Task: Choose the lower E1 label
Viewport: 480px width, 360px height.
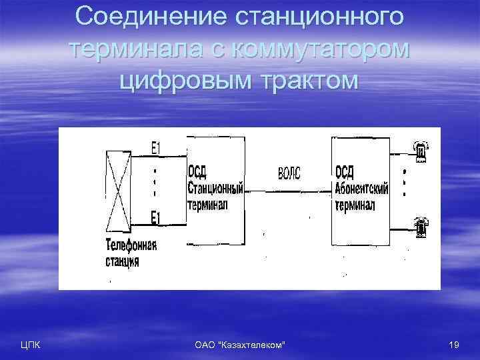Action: (155, 217)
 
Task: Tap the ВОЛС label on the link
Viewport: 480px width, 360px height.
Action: (288, 173)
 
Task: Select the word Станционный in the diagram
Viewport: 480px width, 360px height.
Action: (215, 185)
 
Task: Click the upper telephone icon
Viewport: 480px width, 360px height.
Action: (421, 152)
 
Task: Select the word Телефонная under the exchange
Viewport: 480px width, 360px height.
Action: (131, 245)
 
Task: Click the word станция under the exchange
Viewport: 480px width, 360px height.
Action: (123, 261)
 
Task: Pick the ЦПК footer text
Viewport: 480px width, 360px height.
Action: (31, 344)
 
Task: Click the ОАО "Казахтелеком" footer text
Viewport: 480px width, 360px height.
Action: (239, 344)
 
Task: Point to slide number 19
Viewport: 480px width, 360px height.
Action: (455, 344)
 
